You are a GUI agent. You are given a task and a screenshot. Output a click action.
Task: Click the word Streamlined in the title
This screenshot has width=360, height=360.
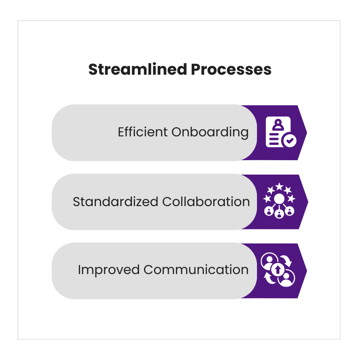pyautogui.click(x=138, y=69)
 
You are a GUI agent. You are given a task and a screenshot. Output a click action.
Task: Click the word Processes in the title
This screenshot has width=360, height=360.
pyautogui.click(x=231, y=70)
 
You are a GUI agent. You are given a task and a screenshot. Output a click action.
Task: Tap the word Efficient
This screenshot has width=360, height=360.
pyautogui.click(x=143, y=132)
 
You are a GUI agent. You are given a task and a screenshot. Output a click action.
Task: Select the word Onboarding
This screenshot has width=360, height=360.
pyautogui.click(x=210, y=132)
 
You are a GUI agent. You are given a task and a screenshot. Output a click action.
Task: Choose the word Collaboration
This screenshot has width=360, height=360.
pyautogui.click(x=206, y=202)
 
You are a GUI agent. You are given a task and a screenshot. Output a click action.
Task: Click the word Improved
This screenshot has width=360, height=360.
pyautogui.click(x=108, y=270)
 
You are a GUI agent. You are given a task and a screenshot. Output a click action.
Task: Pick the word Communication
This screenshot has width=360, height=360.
pyautogui.click(x=196, y=270)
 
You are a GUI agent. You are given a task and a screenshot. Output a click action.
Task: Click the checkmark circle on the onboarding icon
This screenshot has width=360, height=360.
pyautogui.click(x=289, y=140)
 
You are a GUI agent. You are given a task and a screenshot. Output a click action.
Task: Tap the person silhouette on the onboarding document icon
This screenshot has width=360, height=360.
pyautogui.click(x=278, y=125)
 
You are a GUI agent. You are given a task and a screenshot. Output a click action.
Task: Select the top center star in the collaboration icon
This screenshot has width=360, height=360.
pyautogui.click(x=279, y=186)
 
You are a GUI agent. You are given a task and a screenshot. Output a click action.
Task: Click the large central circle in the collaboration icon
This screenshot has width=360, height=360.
pyautogui.click(x=279, y=198)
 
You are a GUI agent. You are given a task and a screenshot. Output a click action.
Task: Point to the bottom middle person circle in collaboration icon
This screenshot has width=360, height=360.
pyautogui.click(x=279, y=214)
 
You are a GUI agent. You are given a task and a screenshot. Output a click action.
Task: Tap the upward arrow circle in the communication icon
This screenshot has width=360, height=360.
pyautogui.click(x=278, y=270)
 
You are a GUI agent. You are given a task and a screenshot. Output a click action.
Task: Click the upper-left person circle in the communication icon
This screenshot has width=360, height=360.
pyautogui.click(x=269, y=261)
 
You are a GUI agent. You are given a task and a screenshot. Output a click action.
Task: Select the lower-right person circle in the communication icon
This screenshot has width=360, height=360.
pyautogui.click(x=286, y=278)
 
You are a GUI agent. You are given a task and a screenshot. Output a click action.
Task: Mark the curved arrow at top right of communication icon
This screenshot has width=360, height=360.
pyautogui.click(x=287, y=261)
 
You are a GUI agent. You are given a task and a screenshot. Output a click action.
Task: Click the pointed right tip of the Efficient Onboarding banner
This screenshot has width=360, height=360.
pyautogui.click(x=307, y=132)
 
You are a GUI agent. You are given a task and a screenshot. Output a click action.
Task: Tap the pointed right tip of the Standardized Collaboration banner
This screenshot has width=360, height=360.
pyautogui.click(x=308, y=202)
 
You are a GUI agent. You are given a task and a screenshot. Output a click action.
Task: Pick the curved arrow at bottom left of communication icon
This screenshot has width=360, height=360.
pyautogui.click(x=269, y=278)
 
